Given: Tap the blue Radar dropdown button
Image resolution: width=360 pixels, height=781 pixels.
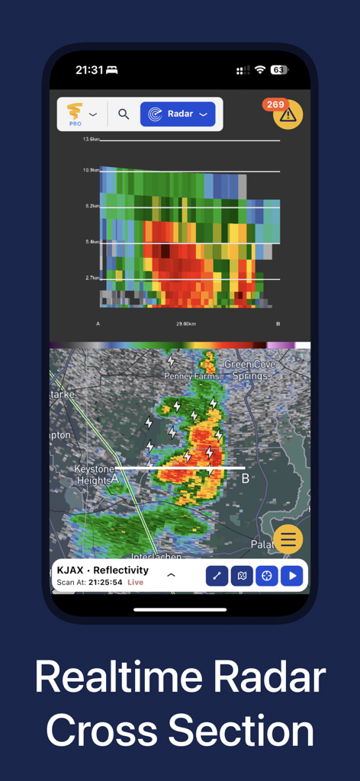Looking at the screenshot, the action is [x=178, y=114].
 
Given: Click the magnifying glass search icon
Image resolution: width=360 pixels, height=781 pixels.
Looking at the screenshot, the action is [x=124, y=114].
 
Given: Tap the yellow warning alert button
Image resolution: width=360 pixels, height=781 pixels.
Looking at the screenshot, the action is [x=288, y=115].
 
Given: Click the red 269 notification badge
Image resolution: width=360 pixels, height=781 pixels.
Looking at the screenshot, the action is [x=275, y=104].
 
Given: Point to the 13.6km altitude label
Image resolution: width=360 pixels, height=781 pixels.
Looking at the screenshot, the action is [x=91, y=140].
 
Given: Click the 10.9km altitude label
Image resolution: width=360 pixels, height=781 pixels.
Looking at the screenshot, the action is [x=91, y=170].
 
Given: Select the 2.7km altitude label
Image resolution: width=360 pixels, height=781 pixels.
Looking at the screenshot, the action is [x=92, y=279].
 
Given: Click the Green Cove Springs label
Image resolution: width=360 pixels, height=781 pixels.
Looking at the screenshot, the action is [x=249, y=370].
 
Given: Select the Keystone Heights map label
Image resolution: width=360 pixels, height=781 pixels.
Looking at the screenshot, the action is [x=95, y=474].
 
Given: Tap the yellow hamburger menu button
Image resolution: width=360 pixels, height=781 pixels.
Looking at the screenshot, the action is [x=288, y=540].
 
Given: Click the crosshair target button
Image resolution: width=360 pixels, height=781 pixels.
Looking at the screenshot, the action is [x=266, y=576].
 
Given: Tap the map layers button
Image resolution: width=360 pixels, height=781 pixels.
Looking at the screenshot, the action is [x=242, y=576].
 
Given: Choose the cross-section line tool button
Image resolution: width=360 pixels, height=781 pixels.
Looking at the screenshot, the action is [x=217, y=576].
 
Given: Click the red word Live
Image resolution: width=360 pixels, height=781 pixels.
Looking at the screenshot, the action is [x=135, y=583].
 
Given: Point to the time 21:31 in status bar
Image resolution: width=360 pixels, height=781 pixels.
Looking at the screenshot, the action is [x=89, y=70].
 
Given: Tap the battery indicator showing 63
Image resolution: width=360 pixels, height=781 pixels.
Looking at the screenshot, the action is [x=278, y=70].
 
